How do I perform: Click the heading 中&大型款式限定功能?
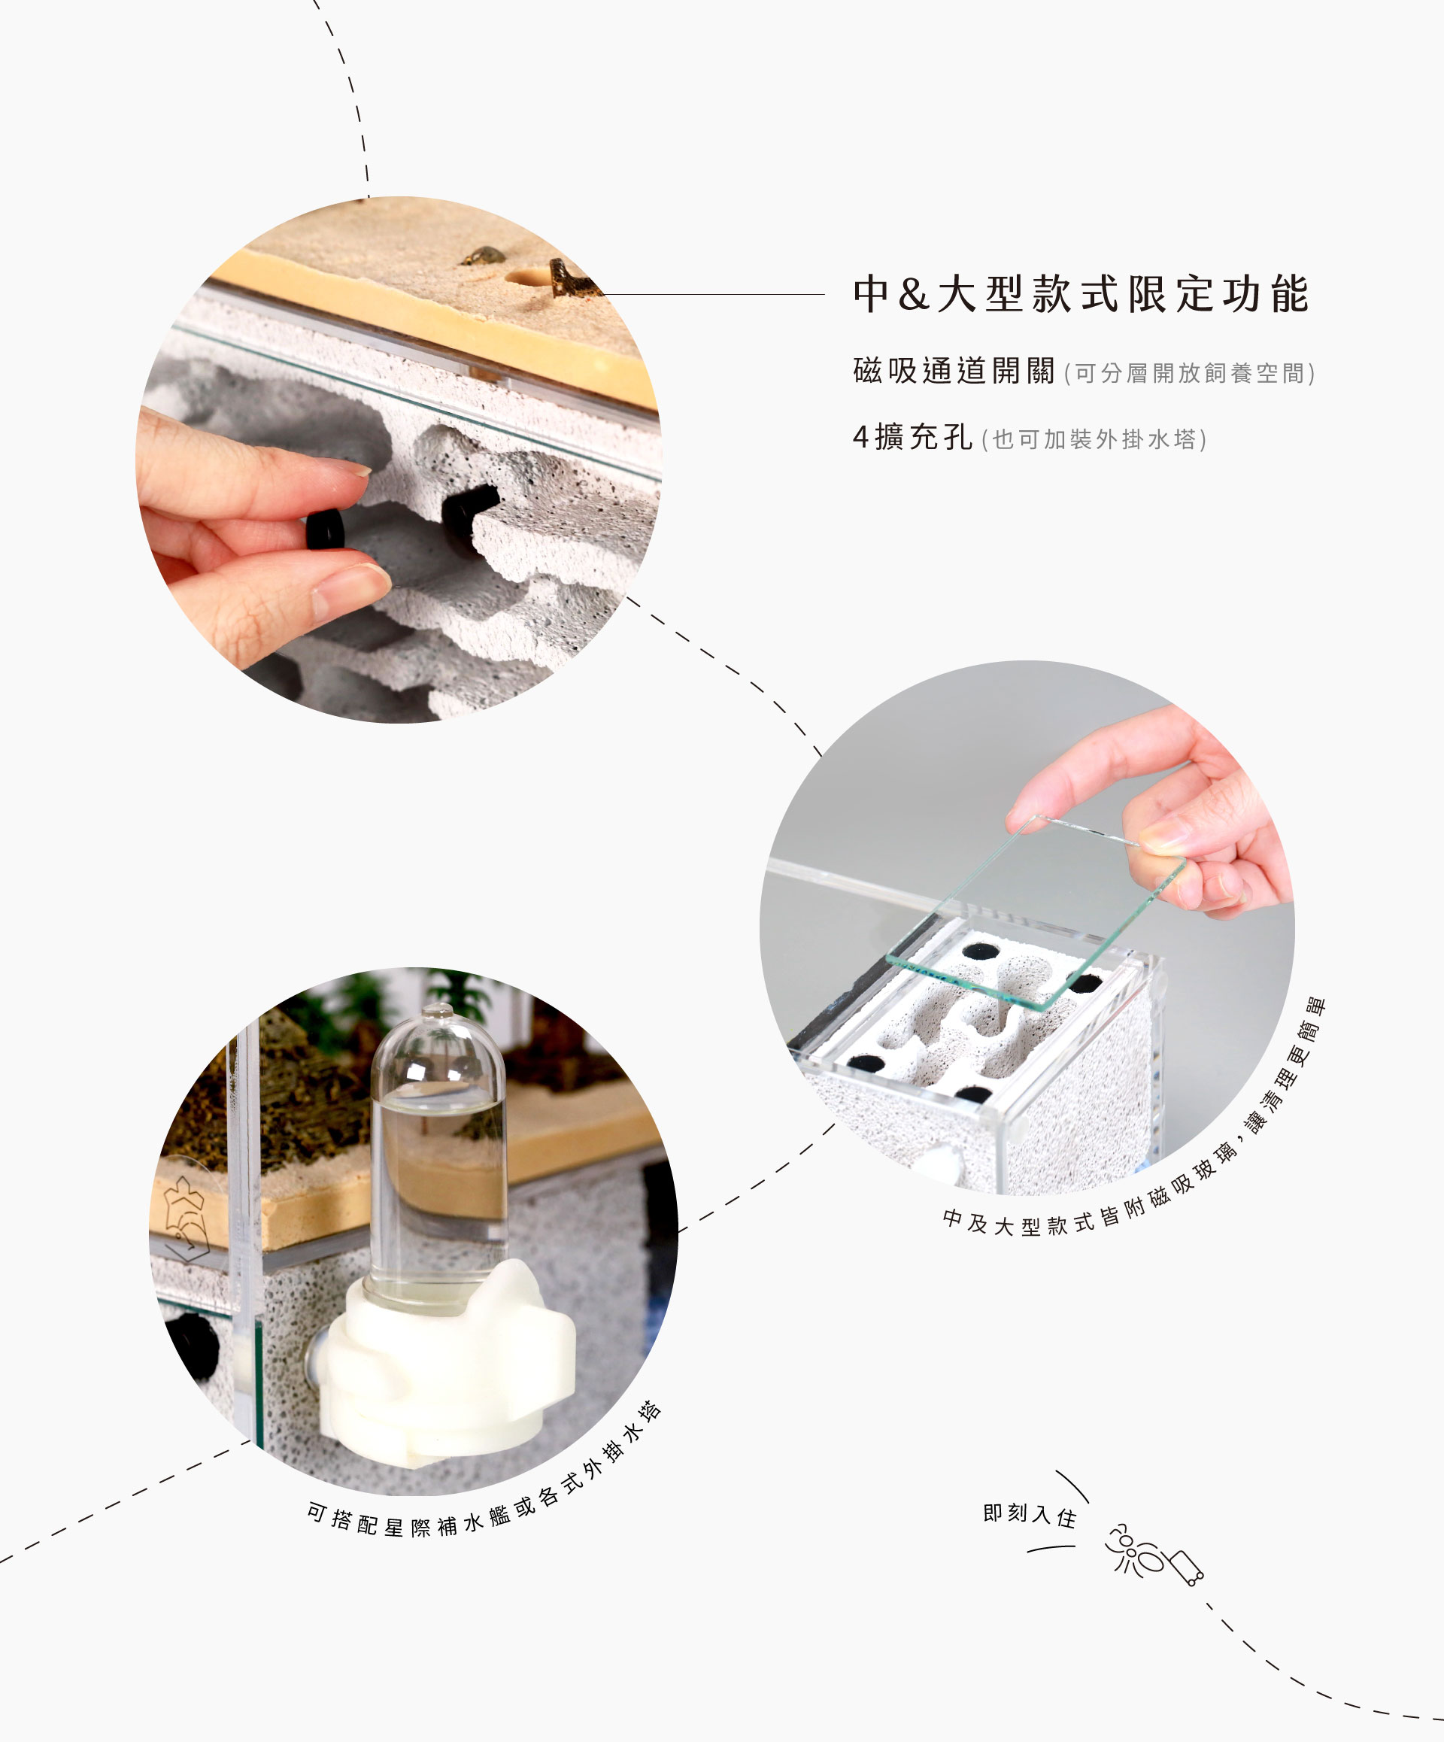[1081, 295]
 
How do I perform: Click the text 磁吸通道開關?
[954, 371]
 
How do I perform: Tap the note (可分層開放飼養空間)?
[1189, 373]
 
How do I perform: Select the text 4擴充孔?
[912, 437]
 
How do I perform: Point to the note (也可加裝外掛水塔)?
[1094, 439]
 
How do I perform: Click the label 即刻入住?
[1030, 1515]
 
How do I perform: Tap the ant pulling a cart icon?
[1154, 1554]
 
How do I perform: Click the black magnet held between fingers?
[325, 529]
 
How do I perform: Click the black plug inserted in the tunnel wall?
[469, 511]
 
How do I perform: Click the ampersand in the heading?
[913, 296]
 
